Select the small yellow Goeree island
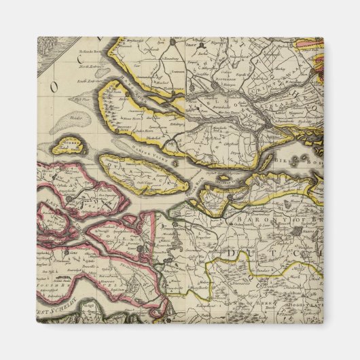click(71, 145)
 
